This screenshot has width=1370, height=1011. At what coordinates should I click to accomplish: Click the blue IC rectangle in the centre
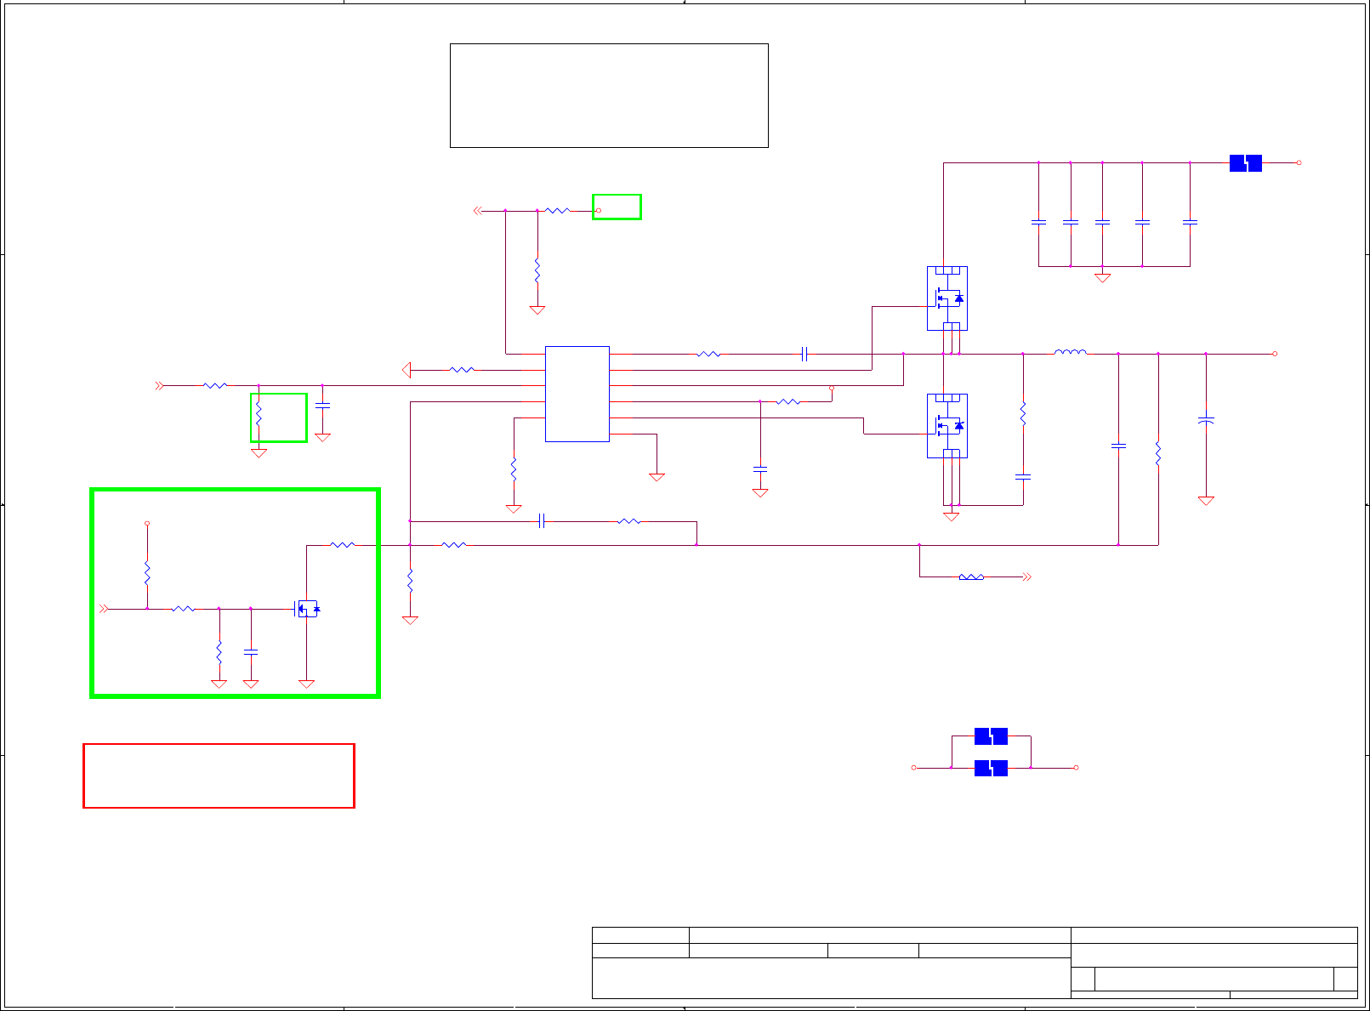[x=577, y=394]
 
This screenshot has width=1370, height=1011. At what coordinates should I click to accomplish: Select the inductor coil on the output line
[x=1070, y=352]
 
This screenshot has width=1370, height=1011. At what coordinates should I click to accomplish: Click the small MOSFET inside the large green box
[x=307, y=609]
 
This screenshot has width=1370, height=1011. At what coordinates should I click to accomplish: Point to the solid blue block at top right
[x=1245, y=162]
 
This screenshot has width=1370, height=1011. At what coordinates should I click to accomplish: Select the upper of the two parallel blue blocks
[x=991, y=736]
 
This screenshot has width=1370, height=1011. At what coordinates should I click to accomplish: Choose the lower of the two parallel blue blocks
[x=991, y=768]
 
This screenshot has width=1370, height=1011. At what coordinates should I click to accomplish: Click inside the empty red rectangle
[x=219, y=775]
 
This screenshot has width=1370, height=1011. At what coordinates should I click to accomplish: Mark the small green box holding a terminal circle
[x=617, y=207]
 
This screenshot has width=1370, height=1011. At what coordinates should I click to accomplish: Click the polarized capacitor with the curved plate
[x=1206, y=421]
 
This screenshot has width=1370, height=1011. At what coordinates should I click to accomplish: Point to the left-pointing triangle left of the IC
[x=406, y=370]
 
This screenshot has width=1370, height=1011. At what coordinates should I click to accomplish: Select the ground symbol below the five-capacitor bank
[x=1102, y=277]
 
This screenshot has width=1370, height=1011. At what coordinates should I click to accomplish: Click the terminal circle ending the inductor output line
[x=1274, y=354]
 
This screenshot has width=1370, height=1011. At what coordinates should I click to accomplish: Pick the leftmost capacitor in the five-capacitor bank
[x=1038, y=223]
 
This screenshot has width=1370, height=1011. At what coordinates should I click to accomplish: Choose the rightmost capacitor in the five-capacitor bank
[x=1190, y=223]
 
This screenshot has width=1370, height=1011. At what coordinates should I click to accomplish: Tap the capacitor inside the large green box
[x=250, y=652]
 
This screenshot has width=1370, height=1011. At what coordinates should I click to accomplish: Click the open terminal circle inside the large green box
[x=147, y=524]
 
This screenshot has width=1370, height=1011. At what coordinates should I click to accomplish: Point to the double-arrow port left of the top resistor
[x=478, y=210]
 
